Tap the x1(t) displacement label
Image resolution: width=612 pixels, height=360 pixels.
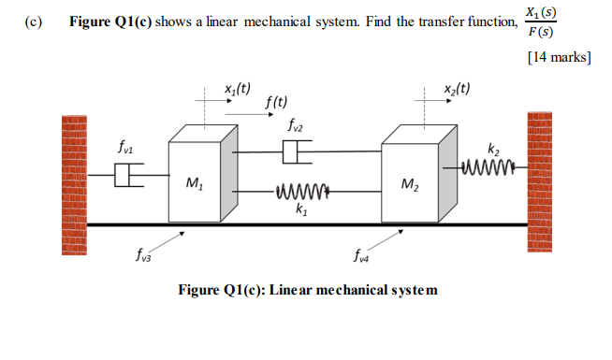tap(237, 90)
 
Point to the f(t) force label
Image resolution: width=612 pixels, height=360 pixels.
tap(276, 102)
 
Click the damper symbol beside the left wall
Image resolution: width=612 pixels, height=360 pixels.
tap(128, 174)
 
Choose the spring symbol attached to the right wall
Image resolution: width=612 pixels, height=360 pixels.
tap(491, 167)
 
